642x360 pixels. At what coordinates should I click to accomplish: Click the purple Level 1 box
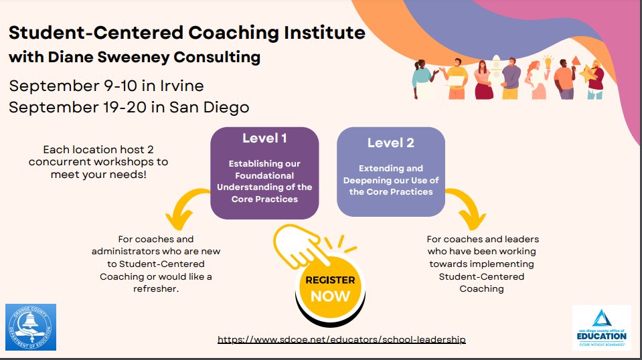[264, 173]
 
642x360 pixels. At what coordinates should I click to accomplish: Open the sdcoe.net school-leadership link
[341, 340]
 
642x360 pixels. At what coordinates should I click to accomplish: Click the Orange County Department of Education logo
[31, 327]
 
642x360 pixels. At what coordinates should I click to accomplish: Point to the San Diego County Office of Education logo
[601, 328]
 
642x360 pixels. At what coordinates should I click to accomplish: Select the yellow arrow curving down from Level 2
[468, 206]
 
